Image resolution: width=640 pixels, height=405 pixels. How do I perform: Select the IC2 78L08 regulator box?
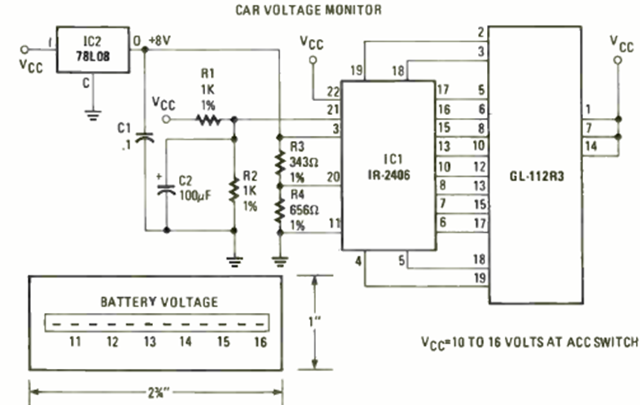point(92,53)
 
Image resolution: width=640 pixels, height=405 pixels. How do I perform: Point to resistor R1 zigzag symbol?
point(208,120)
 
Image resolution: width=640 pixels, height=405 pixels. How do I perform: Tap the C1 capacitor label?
point(125,135)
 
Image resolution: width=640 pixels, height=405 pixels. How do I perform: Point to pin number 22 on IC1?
point(332,91)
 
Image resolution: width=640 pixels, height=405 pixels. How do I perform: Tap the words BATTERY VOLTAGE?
point(159,302)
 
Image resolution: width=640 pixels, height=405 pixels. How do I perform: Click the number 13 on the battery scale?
point(149,342)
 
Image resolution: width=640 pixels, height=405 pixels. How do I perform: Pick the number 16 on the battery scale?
point(260,342)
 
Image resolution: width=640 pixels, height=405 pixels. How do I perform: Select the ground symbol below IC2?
point(91,113)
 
